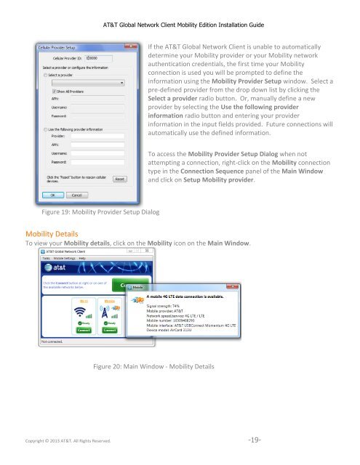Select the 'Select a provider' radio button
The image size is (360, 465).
pos(47,73)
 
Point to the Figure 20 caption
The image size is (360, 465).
pos(153,366)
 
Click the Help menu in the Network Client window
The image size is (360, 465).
pos(82,258)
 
